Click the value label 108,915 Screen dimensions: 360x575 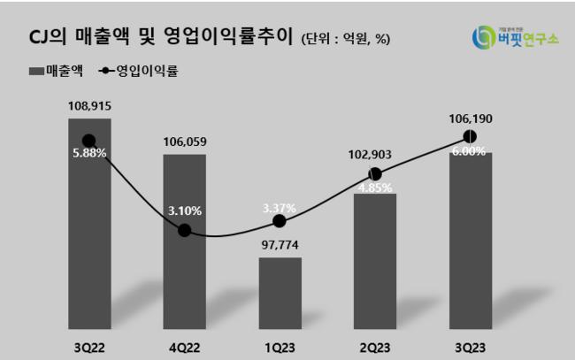[x=88, y=105]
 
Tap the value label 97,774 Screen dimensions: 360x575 [x=280, y=243]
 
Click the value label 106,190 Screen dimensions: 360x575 [x=470, y=118]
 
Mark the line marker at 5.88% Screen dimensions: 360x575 [x=88, y=140]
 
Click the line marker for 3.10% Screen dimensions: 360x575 [x=184, y=230]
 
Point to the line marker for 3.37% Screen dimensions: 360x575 [x=280, y=221]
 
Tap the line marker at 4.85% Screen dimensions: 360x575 [x=375, y=174]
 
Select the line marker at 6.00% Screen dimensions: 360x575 [x=470, y=136]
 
